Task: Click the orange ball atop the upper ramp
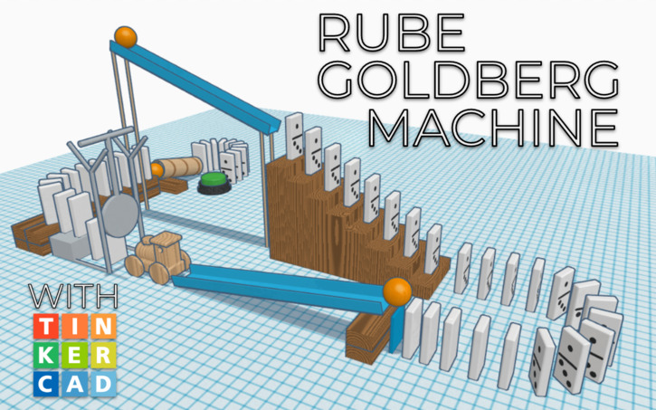[x=125, y=38]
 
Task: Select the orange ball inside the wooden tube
[x=157, y=169]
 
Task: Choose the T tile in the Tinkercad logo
[x=47, y=326]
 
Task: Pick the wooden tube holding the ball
[x=181, y=167]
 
